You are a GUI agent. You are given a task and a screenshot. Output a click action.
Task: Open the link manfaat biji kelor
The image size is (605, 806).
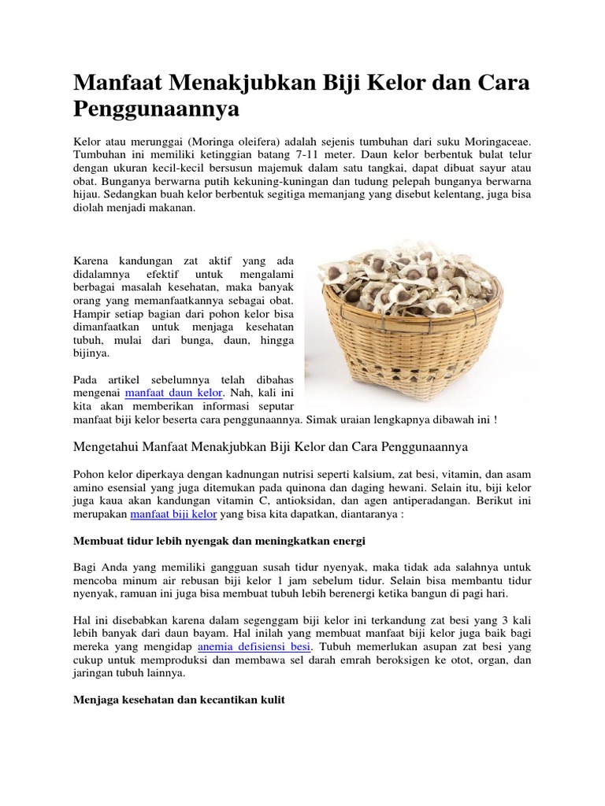coord(173,514)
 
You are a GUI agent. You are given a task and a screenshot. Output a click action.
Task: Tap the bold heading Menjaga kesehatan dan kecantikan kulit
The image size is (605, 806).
coord(179,699)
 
